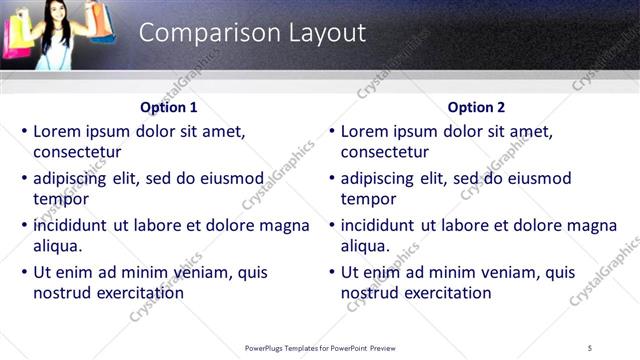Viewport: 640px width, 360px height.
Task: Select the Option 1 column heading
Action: (x=169, y=107)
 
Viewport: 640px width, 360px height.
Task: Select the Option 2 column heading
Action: (x=477, y=107)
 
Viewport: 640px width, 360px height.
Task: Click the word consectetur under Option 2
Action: (x=385, y=152)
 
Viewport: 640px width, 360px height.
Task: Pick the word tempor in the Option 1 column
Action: (x=61, y=199)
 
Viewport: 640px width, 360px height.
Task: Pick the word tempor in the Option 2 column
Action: (x=369, y=199)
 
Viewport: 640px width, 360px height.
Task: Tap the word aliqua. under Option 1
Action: (x=57, y=246)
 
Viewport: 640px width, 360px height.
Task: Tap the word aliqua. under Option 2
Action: (x=365, y=246)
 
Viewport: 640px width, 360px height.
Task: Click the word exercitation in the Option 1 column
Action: (x=138, y=293)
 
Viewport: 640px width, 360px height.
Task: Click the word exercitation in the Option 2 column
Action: (x=446, y=293)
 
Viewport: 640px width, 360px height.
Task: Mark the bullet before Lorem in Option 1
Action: (x=24, y=131)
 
